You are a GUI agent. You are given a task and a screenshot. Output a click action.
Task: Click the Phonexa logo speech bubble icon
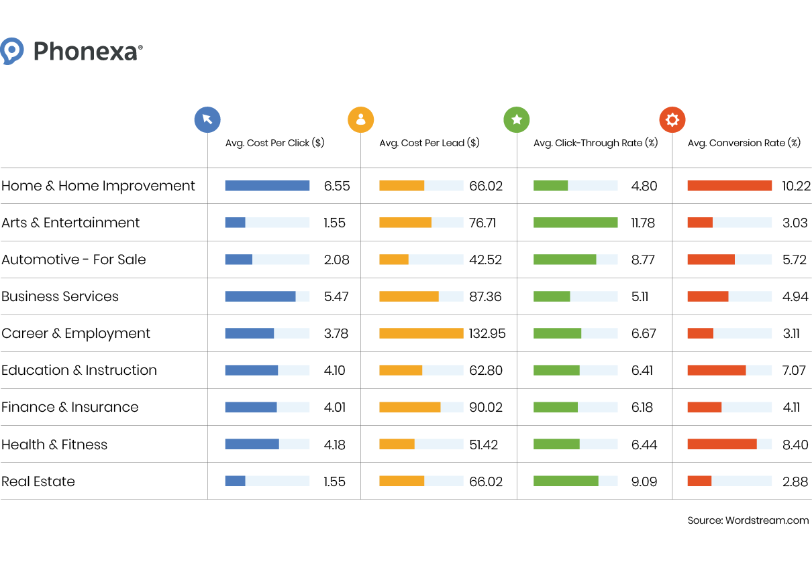point(12,51)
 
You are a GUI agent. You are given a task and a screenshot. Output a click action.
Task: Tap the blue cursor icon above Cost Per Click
point(207,120)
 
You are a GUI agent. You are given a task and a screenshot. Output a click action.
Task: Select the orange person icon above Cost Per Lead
point(360,120)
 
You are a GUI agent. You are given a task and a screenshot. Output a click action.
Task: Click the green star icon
point(517,120)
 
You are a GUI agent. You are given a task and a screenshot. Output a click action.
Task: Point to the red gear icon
point(672,120)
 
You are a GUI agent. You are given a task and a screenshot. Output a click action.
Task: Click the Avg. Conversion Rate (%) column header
point(744,143)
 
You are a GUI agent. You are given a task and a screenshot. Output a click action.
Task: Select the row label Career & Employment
point(76,333)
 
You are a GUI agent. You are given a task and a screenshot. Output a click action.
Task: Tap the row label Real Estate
point(38,481)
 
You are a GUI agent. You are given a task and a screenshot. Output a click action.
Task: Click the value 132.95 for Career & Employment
point(487,333)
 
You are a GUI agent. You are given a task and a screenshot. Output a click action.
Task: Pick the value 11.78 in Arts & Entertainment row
point(642,223)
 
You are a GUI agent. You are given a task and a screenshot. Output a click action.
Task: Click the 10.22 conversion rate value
point(796,186)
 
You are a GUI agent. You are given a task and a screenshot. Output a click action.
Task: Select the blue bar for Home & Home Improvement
point(267,186)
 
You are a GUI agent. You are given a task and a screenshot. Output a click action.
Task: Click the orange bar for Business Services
point(409,296)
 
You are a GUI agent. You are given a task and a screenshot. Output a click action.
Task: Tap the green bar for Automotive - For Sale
point(564,260)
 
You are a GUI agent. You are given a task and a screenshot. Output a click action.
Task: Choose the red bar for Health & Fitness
point(722,444)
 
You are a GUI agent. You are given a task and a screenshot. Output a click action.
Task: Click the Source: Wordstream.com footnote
point(748,520)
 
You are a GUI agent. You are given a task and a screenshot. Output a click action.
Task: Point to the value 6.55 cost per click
point(337,186)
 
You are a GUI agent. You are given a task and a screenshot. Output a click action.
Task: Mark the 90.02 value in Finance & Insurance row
point(485,407)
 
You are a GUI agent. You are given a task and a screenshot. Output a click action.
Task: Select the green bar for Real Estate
point(566,481)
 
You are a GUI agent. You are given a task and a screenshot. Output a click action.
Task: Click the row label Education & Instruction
point(79,370)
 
